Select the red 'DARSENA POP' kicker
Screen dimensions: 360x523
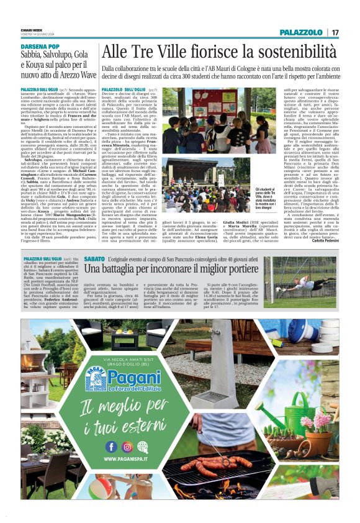[x=40, y=47]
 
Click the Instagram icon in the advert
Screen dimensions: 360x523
[x=127, y=447]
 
